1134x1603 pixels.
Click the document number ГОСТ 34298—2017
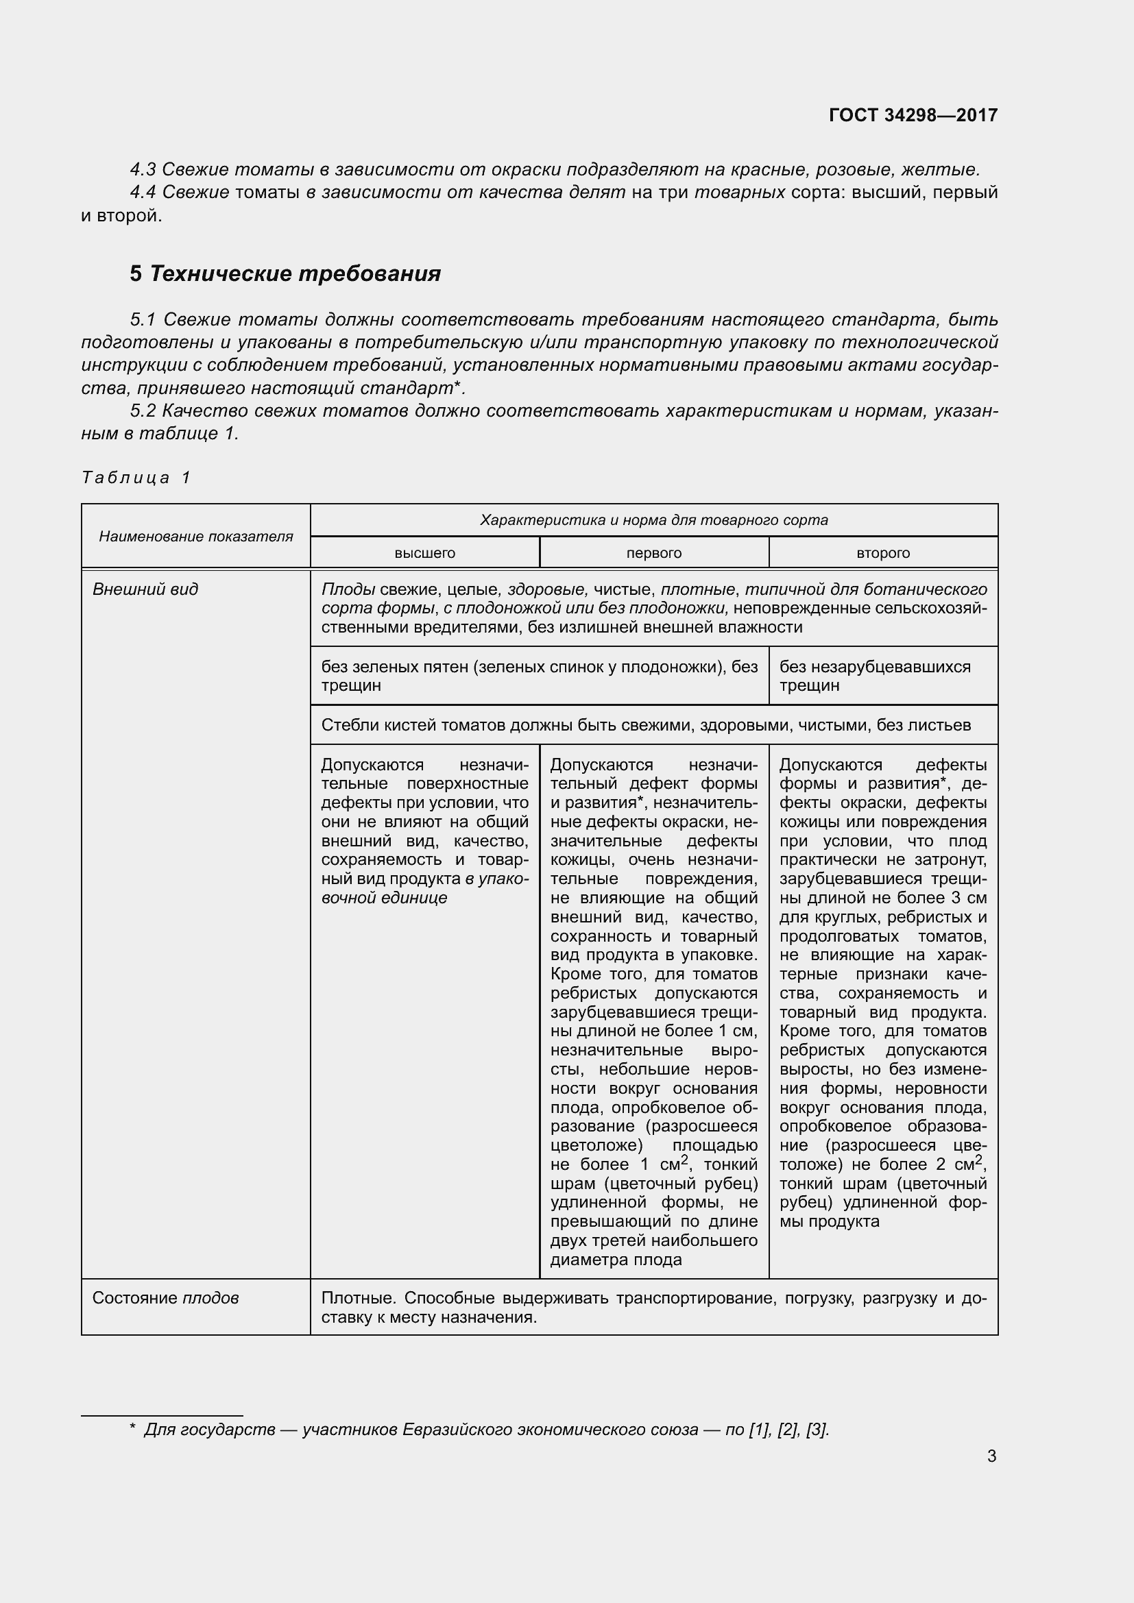913,115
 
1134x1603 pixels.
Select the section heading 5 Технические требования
285,273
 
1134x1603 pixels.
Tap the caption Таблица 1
136,478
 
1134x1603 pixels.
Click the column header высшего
424,553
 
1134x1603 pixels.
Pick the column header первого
653,553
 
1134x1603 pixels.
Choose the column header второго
882,553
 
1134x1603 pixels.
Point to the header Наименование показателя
195,536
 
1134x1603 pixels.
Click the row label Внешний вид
145,589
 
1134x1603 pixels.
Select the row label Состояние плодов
165,1298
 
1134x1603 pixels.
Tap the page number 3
991,1456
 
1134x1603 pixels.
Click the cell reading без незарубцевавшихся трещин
874,676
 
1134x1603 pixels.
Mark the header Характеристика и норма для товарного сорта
653,520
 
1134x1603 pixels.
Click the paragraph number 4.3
143,170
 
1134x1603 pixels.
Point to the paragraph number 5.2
143,411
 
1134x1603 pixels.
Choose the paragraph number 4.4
143,192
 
